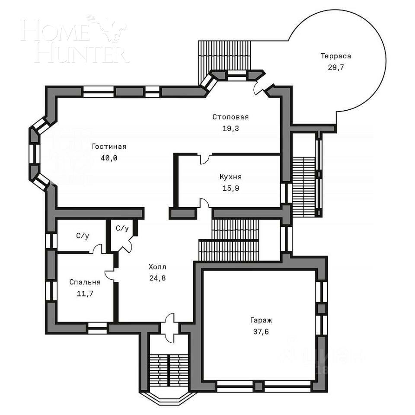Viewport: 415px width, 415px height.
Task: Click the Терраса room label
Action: click(x=335, y=56)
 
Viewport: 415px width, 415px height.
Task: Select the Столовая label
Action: click(x=230, y=117)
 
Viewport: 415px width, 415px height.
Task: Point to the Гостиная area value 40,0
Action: click(x=109, y=158)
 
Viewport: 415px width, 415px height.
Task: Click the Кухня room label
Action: click(x=230, y=177)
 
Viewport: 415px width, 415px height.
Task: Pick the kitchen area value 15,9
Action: click(x=230, y=188)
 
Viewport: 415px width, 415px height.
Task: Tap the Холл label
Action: click(x=157, y=267)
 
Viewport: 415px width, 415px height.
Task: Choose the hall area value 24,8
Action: click(x=157, y=278)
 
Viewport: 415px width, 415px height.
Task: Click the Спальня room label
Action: click(x=85, y=282)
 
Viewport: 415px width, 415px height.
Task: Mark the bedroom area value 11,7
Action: click(x=85, y=294)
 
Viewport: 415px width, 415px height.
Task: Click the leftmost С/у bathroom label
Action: click(x=82, y=236)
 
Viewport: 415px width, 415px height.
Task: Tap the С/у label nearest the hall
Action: click(x=122, y=228)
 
